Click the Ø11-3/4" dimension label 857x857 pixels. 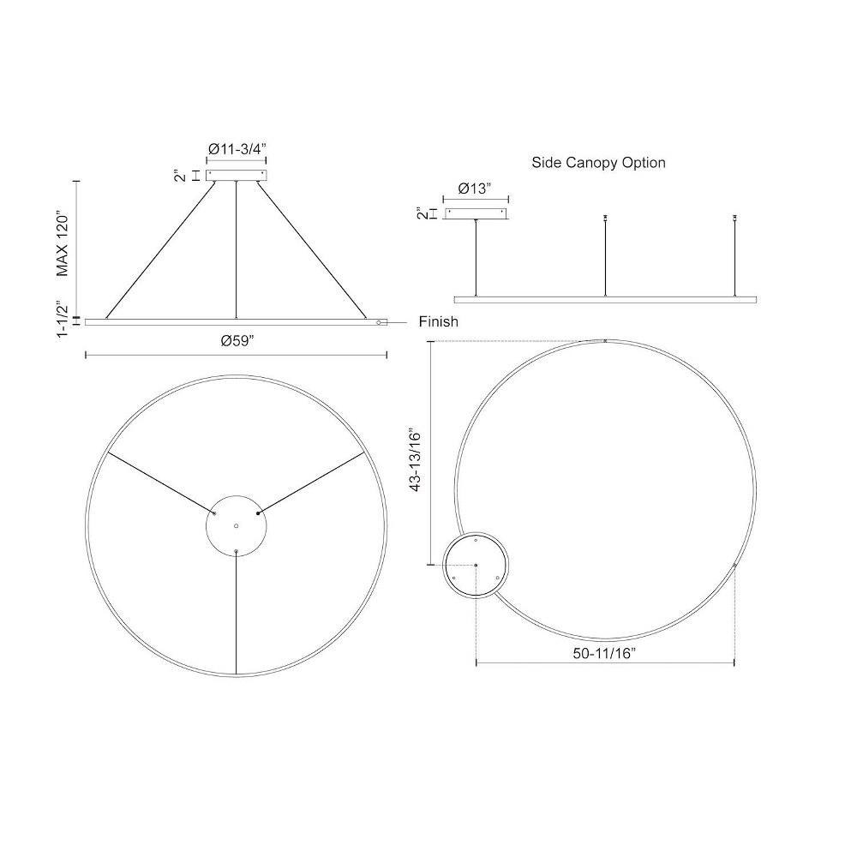point(237,148)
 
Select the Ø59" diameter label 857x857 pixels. point(237,341)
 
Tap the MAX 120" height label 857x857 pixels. point(63,244)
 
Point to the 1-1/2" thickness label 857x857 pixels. point(63,319)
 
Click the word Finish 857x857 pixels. point(438,322)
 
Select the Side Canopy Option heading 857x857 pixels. point(598,163)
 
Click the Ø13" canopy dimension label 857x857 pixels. point(475,189)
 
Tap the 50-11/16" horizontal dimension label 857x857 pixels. point(604,653)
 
